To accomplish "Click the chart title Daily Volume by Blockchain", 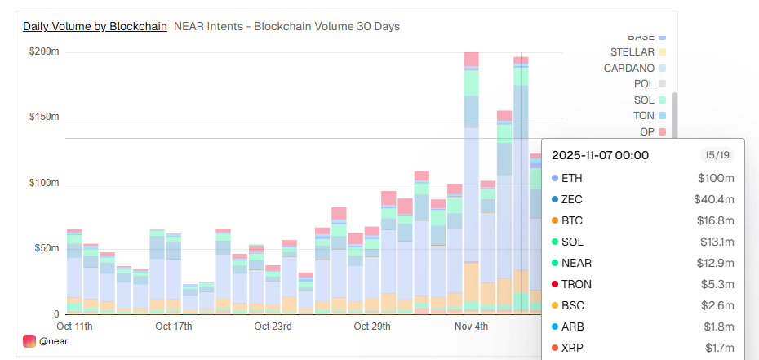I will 95,26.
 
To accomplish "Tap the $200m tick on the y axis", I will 44,51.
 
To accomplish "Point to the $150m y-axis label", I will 44,117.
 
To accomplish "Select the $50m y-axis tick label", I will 47,248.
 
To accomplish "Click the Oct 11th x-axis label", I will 74,327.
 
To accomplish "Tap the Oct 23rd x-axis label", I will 272,327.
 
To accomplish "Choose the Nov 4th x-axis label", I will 471,327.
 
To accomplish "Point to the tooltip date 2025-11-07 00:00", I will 600,155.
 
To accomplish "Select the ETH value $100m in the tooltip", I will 716,178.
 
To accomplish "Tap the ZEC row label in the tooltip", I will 572,199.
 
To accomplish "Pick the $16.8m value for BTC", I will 717,220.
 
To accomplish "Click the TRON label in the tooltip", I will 576,284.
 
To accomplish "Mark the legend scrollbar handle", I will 675,114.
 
